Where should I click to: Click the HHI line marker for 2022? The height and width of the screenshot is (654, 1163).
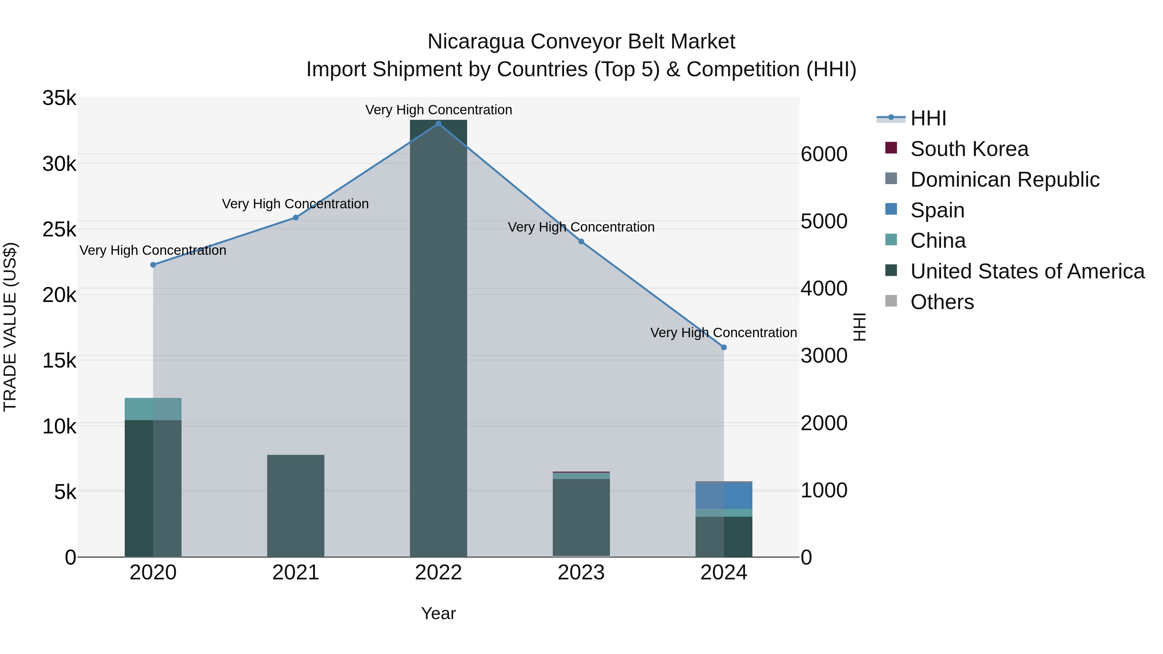(438, 124)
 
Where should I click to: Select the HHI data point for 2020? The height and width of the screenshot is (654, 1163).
(153, 265)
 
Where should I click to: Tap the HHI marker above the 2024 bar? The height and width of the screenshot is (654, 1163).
(724, 347)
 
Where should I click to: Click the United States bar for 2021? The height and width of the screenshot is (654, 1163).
(296, 505)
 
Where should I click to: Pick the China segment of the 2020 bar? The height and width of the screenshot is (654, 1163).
(153, 409)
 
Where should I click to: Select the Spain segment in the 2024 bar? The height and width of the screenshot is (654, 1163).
(724, 495)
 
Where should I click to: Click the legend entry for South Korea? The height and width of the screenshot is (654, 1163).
(969, 149)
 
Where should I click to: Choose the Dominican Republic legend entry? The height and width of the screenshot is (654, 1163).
(1004, 180)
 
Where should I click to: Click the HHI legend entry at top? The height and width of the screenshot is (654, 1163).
(928, 118)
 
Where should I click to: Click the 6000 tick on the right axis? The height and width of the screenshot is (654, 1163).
(824, 154)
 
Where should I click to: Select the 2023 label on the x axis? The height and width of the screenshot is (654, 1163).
(581, 573)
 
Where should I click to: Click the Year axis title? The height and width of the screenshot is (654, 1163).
(438, 613)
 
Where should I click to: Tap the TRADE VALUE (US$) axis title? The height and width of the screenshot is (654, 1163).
(10, 327)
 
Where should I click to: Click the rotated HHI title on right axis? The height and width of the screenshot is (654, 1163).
(860, 327)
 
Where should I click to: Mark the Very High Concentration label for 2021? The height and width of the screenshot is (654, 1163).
(295, 204)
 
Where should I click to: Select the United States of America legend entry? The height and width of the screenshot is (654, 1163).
(1027, 271)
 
